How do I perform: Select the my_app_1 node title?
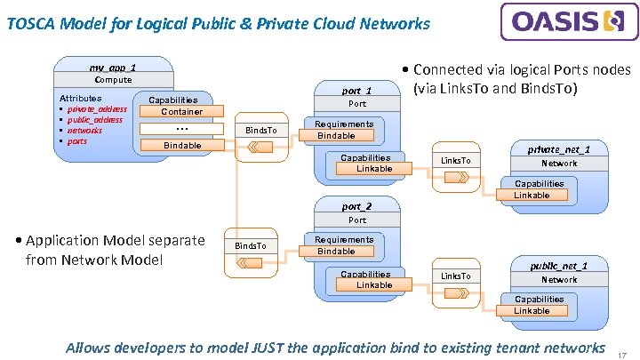pos(113,67)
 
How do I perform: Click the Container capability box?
pos(181,112)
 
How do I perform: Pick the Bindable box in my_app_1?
pos(182,145)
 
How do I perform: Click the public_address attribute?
pos(95,120)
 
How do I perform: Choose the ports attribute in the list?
pos(77,141)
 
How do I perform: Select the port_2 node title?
pos(356,206)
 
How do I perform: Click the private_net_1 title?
pos(559,149)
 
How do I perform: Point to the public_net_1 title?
pos(559,266)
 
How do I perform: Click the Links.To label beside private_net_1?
pos(456,160)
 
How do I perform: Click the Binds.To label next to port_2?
pos(250,245)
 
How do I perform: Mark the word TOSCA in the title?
pos(28,24)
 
